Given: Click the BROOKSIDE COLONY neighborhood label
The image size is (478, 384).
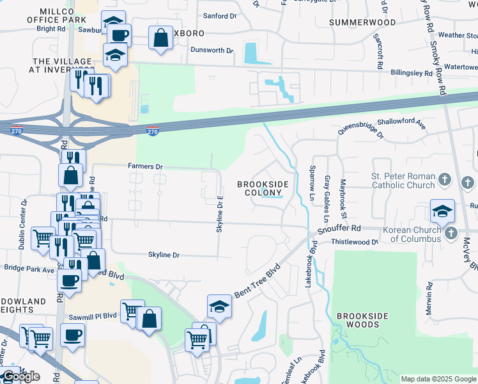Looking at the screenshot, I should point(263,188).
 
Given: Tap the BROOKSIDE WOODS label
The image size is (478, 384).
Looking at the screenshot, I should point(358,321).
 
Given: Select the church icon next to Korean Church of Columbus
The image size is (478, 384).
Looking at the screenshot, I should point(451,234).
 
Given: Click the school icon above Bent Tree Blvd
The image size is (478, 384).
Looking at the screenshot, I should point(219,307).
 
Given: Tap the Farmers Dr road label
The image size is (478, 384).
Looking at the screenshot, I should point(145,166).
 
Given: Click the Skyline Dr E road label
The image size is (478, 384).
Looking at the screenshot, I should point(219,214).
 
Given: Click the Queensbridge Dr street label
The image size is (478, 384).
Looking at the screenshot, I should point(360,131).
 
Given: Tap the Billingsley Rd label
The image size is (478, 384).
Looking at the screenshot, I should point(411,74).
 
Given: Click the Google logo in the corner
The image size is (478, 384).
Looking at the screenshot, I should point(21,376).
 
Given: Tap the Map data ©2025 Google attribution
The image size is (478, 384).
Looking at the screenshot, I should point(438,379).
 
